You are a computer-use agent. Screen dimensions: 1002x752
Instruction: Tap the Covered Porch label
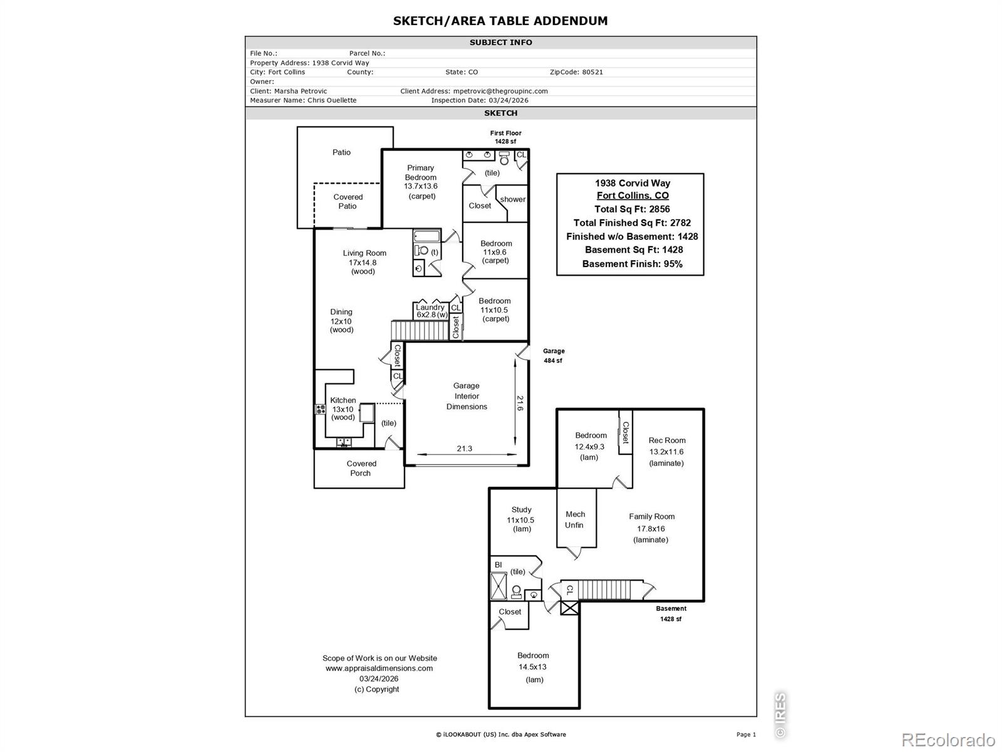click(x=361, y=468)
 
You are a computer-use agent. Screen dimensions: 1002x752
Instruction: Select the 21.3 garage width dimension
click(x=464, y=448)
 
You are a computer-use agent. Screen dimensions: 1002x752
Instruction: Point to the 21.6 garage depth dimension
click(x=520, y=403)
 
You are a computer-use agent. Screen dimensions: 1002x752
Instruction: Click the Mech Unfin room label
click(x=575, y=520)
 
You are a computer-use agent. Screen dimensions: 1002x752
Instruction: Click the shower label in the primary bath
click(x=513, y=199)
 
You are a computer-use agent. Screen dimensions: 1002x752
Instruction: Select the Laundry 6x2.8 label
click(x=431, y=311)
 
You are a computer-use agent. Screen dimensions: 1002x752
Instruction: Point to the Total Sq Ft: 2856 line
click(x=632, y=209)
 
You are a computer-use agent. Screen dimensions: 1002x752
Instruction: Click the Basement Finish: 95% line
click(x=633, y=264)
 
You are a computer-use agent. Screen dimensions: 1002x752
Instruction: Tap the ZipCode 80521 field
click(x=576, y=72)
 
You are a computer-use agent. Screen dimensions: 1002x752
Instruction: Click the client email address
click(x=500, y=91)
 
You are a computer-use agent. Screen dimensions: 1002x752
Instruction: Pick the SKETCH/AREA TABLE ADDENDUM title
click(x=500, y=21)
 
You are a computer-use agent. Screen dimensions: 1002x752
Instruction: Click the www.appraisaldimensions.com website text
click(x=379, y=668)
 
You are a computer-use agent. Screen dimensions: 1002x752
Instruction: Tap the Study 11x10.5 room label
click(x=521, y=519)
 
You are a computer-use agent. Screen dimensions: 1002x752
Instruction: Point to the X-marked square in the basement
click(x=569, y=608)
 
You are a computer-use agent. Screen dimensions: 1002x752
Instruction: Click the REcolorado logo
click(x=949, y=739)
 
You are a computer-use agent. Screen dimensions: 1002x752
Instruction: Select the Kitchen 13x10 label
click(x=343, y=409)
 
